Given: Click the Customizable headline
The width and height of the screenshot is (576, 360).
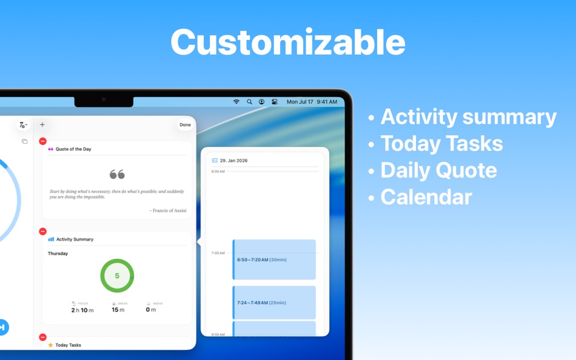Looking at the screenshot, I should point(287,42).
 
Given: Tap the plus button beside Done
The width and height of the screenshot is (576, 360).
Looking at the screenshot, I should point(42,125).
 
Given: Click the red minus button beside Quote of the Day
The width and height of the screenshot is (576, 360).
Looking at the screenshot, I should point(42,141).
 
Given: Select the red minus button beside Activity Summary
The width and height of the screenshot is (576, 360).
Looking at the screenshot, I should point(42,232).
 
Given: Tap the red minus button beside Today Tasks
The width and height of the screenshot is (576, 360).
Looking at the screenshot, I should point(42,337).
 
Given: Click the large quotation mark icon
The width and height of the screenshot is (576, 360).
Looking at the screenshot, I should point(117,175).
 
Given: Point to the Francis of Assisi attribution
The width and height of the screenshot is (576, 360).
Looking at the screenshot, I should point(167,210).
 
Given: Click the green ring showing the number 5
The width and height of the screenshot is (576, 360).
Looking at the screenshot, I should point(117,276).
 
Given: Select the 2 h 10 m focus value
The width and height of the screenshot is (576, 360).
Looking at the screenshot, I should point(82,310).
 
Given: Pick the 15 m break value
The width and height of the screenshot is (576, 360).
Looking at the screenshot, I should point(118,310).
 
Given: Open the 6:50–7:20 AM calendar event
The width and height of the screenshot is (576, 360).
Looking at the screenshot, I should point(275,259).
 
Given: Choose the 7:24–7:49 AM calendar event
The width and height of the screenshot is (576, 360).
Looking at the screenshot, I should point(275,302).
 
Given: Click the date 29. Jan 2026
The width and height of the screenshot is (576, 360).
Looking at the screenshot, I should point(233,161).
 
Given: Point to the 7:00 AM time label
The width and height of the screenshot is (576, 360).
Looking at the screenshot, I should point(218,253).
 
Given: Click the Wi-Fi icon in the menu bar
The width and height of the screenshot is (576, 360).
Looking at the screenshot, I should point(236,102).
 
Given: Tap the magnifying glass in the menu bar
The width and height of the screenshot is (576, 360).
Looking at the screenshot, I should point(249,102).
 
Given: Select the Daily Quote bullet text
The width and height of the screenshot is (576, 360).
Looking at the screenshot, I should point(438,170).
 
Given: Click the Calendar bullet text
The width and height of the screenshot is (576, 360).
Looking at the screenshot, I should point(426,197).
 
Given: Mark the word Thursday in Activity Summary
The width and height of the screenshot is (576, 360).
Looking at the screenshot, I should point(58,253).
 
